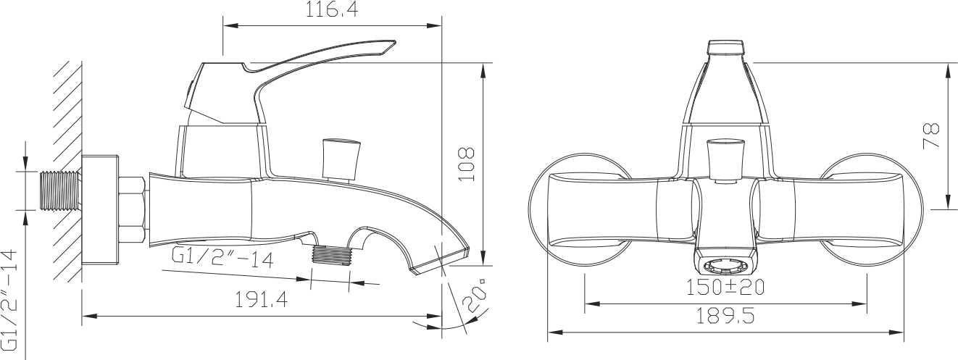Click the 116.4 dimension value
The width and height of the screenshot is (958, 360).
[331, 9]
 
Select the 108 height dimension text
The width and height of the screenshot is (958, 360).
[467, 164]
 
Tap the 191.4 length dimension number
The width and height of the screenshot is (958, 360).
[262, 300]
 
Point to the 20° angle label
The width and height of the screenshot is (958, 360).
[475, 296]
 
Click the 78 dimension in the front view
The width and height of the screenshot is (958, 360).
[931, 136]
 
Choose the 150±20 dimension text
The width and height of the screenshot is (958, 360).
[725, 287]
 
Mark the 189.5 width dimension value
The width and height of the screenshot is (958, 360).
[725, 316]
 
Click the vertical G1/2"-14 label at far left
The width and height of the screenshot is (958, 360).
[9, 300]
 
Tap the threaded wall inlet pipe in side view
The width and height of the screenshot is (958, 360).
[60, 191]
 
